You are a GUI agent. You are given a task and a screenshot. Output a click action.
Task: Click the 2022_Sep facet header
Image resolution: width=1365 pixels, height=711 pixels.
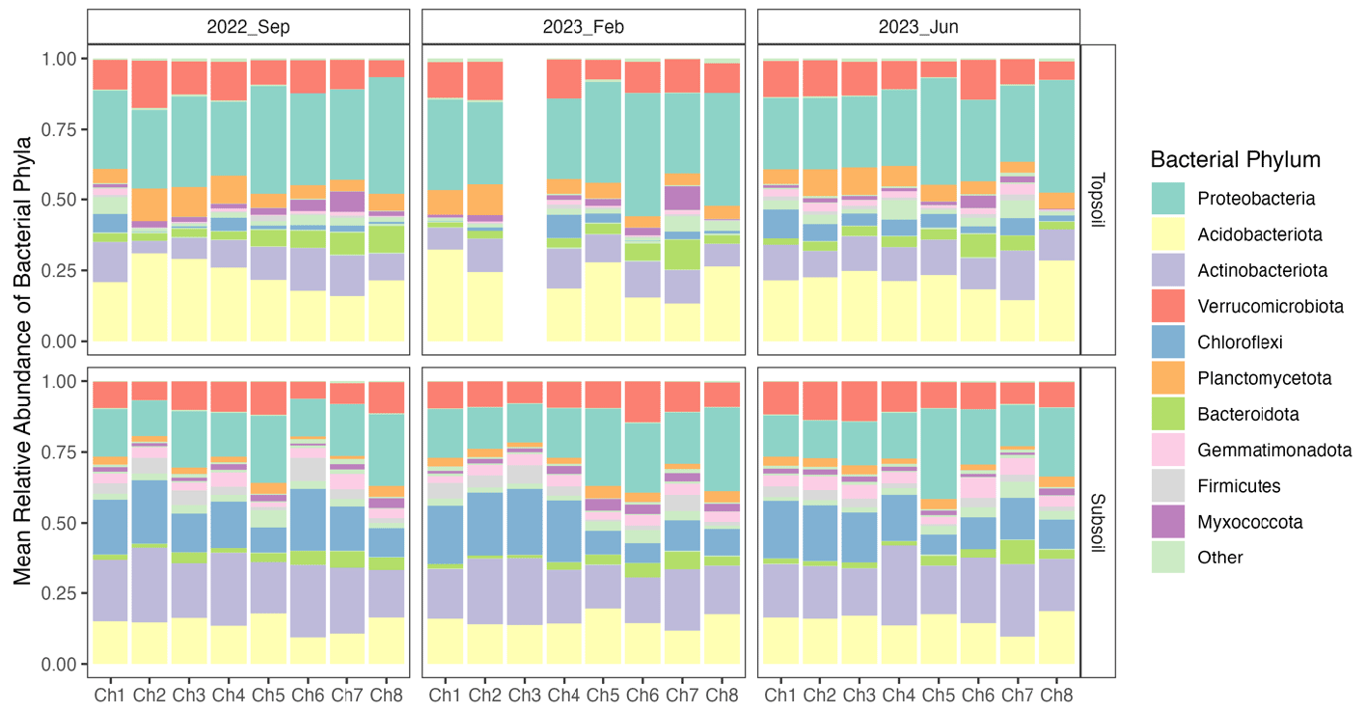tap(249, 27)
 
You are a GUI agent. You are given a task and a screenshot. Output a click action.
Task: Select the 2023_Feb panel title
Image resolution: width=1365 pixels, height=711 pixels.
tap(584, 27)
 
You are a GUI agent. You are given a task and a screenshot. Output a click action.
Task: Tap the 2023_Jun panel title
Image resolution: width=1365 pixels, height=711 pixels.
tap(918, 27)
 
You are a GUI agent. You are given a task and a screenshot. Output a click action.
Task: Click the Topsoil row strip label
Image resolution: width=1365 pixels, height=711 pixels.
tap(1099, 200)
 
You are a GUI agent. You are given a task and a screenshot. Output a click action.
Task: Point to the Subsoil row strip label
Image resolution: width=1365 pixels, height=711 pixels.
tap(1099, 522)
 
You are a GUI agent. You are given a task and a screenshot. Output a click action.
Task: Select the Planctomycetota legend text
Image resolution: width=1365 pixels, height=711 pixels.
tap(1263, 378)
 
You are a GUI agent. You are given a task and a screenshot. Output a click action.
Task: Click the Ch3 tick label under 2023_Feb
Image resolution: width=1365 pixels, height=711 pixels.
tap(525, 694)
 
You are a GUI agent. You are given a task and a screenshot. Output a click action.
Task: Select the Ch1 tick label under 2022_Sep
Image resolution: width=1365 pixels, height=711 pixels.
tap(111, 694)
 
